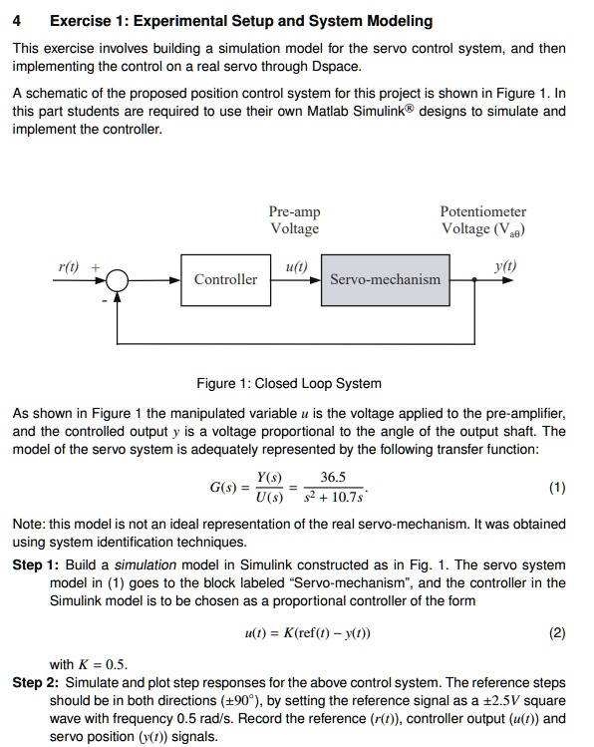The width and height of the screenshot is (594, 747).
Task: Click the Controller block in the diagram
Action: tap(225, 279)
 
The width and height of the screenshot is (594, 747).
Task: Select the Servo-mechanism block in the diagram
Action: tap(385, 279)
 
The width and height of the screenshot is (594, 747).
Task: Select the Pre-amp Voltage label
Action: tap(295, 220)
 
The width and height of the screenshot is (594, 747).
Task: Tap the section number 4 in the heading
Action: tap(16, 20)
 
